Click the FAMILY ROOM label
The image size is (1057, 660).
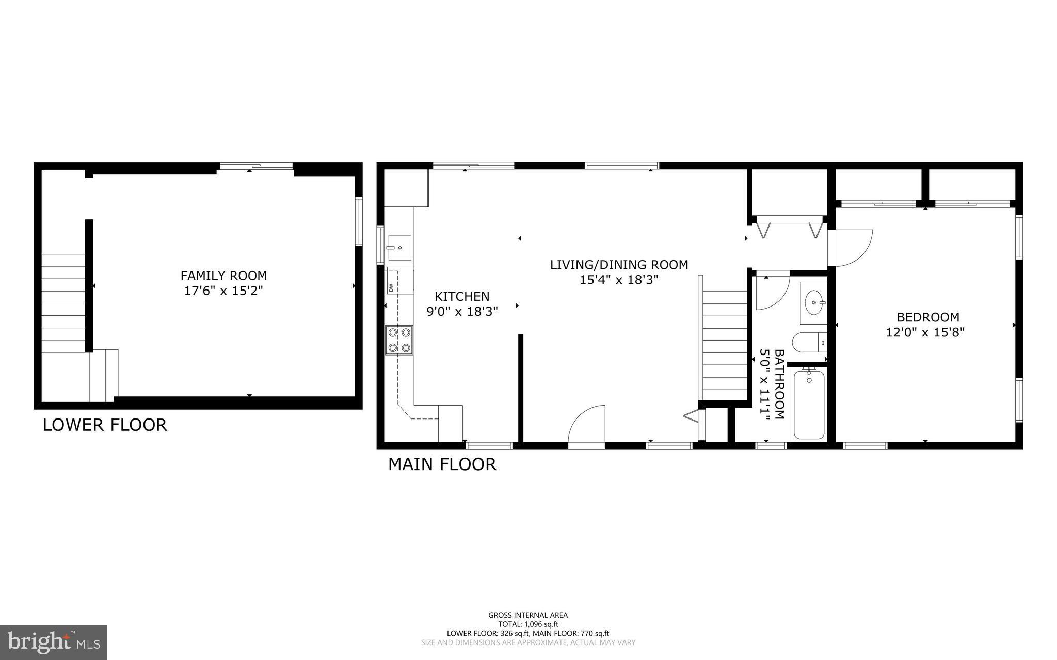click(x=223, y=276)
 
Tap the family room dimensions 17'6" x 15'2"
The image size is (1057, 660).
click(x=223, y=291)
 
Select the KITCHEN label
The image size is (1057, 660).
click(x=461, y=297)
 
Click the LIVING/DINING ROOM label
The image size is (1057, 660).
click(x=619, y=265)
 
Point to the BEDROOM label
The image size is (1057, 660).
click(x=927, y=317)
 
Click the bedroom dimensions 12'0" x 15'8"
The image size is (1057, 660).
click(x=925, y=332)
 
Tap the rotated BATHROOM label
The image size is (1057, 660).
click(x=779, y=384)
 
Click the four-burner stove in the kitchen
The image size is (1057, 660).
click(x=399, y=340)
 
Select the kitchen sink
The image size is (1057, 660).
click(x=399, y=248)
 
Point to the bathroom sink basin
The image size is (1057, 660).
click(x=814, y=302)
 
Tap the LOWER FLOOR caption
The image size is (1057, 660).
click(x=105, y=425)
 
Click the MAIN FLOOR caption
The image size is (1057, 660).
click(x=442, y=464)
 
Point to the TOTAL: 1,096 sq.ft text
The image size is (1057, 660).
click(x=528, y=624)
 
